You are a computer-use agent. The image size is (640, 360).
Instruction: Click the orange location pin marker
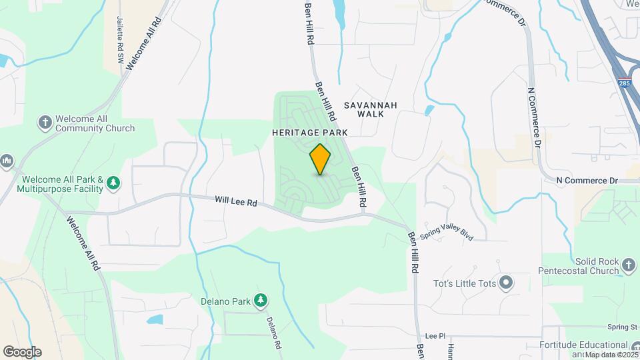click(321, 159)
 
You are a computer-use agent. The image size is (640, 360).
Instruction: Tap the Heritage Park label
click(310, 133)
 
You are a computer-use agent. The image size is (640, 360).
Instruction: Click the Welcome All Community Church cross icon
click(45, 123)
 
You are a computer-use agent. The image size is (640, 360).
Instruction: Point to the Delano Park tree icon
click(261, 301)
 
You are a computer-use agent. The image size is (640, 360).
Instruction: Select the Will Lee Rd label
click(236, 200)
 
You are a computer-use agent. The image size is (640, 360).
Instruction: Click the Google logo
click(22, 352)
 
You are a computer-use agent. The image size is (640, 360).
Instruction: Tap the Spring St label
click(622, 327)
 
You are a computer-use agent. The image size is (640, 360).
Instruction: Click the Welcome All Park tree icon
click(114, 183)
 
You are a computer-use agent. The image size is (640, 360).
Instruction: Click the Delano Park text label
click(225, 301)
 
